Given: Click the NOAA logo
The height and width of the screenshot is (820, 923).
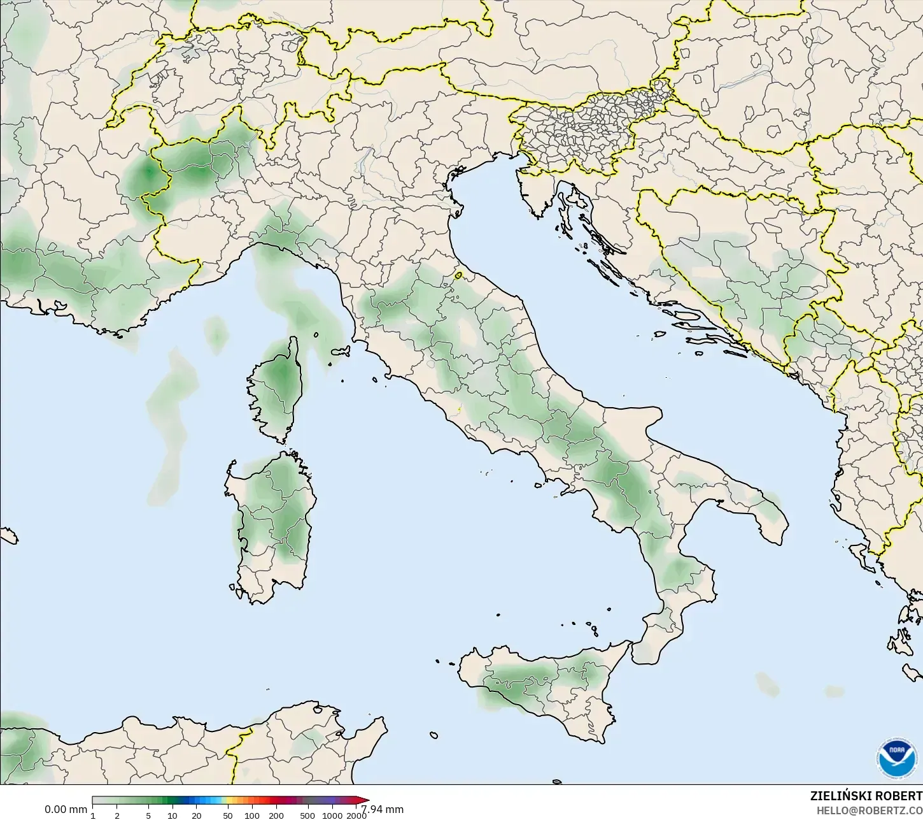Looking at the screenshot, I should click(x=898, y=759).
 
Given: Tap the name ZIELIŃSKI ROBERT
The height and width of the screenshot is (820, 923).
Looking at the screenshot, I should click(x=866, y=796).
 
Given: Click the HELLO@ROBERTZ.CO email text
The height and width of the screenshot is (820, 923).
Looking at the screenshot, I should click(x=870, y=810).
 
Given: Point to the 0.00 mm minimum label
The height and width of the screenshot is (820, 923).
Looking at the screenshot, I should click(x=66, y=810).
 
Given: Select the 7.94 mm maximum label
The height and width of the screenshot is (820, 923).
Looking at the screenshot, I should click(x=383, y=810).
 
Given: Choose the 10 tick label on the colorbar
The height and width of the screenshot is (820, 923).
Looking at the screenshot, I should click(x=173, y=816).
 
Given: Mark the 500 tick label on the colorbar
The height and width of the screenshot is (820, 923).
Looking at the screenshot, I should click(x=307, y=816).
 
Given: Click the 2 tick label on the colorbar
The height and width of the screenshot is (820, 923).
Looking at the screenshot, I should click(x=117, y=816).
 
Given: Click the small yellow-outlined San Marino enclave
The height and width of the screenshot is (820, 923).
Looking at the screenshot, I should click(x=458, y=276).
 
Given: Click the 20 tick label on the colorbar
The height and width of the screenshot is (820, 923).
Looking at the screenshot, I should click(x=196, y=816).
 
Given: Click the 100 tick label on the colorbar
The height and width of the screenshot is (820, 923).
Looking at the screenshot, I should click(x=252, y=816).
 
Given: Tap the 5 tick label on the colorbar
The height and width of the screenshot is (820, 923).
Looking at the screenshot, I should click(x=148, y=816).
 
